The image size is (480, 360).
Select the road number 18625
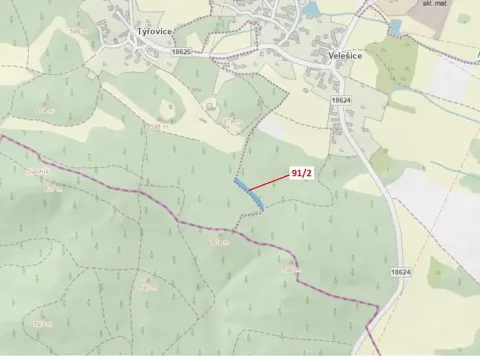pyautogui.click(x=181, y=51)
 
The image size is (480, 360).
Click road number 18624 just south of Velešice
pyautogui.click(x=339, y=101)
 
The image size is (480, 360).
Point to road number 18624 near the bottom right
pyautogui.click(x=400, y=272)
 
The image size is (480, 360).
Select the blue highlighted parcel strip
pyautogui.click(x=248, y=195)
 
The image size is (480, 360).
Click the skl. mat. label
pyautogui.click(x=434, y=5)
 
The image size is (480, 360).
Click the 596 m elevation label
pyautogui.click(x=233, y=123)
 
